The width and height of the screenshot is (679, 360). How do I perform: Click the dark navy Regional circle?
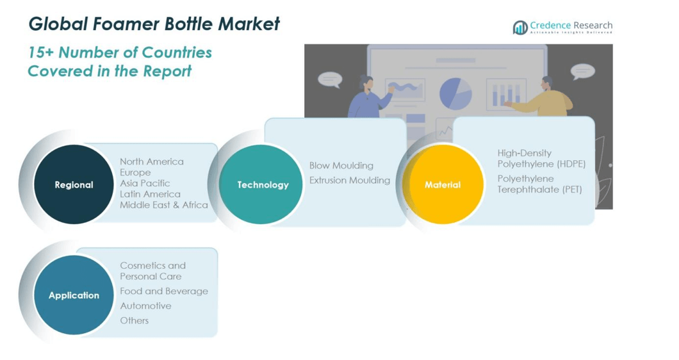pos(74,184)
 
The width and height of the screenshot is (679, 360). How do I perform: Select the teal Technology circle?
pos(261,184)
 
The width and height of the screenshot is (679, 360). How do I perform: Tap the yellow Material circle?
pos(443,184)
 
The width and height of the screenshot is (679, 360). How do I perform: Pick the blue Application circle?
pos(74,295)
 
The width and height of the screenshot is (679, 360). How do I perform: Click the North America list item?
pos(152,161)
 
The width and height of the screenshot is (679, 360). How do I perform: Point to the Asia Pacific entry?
pos(145,183)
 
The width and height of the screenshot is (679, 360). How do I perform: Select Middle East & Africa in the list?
pos(164,205)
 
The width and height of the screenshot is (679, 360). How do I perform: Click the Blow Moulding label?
pos(341,165)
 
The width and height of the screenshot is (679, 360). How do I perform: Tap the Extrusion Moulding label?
pos(350,180)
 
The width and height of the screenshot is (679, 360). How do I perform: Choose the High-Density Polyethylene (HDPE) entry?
pos(541,159)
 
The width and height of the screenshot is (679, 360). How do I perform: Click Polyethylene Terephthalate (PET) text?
pos(539,184)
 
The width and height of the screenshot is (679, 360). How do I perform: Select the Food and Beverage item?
pos(164,291)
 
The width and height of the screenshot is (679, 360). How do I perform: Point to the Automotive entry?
pos(145,306)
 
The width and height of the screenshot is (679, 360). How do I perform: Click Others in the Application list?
pos(135,320)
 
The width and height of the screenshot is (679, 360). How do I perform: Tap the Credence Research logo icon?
pos(520,28)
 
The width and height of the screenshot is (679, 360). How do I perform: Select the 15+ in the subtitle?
pos(41,53)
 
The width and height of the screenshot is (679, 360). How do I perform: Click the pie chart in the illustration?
pos(455,94)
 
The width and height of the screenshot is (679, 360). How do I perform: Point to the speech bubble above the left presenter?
pos(330,79)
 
